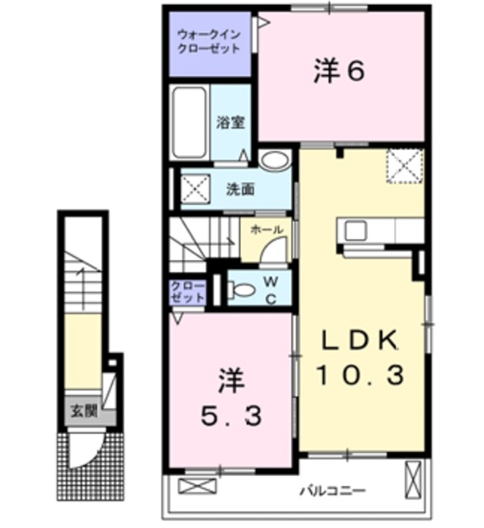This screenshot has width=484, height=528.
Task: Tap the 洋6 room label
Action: pos(338,73)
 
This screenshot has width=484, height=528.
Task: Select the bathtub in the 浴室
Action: pos(190,124)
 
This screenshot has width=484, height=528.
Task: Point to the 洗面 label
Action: pos(240,189)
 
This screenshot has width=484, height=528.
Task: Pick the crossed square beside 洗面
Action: pos(195,189)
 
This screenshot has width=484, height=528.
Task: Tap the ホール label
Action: pos(265,229)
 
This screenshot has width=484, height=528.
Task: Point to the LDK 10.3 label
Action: pos(361,359)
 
